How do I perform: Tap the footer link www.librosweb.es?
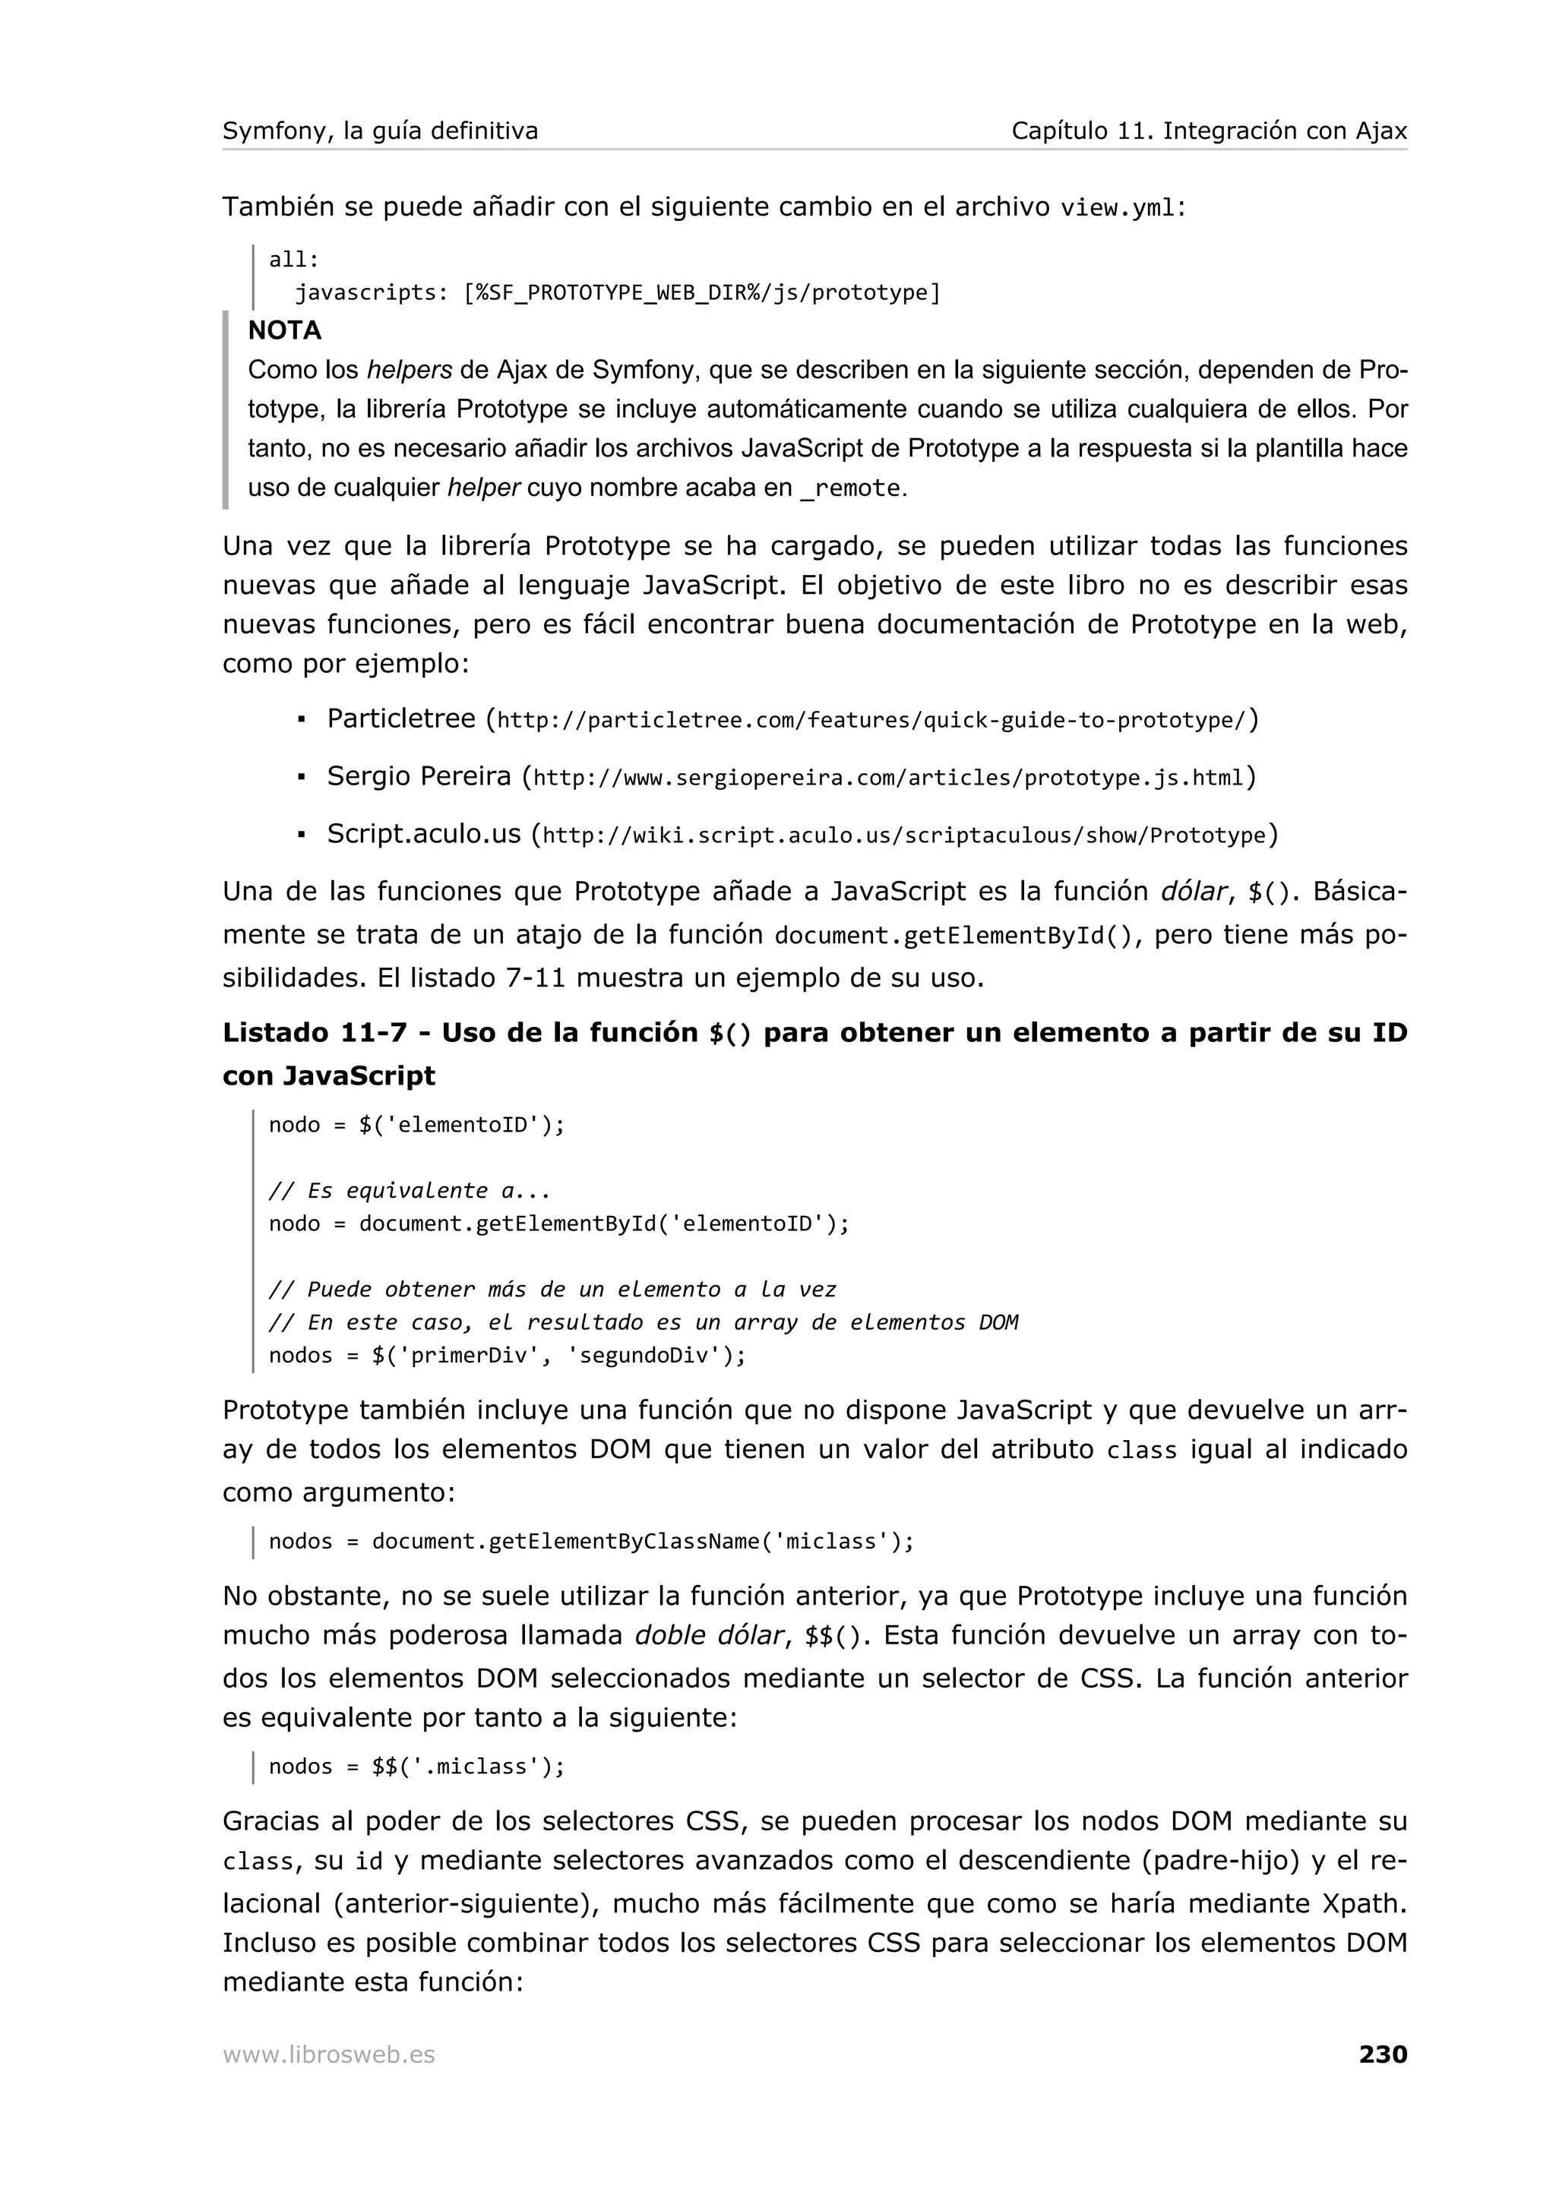pyautogui.click(x=329, y=2055)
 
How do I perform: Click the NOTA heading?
pyautogui.click(x=285, y=330)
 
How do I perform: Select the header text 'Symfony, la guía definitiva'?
pyautogui.click(x=380, y=131)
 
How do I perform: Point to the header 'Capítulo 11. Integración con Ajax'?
pyautogui.click(x=1209, y=131)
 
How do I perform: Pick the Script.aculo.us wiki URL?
pyautogui.click(x=904, y=835)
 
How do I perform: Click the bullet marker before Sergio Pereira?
pyautogui.click(x=301, y=778)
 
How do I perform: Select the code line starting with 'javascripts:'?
pyautogui.click(x=616, y=292)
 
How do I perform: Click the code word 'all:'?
pyautogui.click(x=293, y=260)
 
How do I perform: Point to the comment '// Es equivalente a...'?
pyautogui.click(x=410, y=1191)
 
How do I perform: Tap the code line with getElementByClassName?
pyautogui.click(x=592, y=1542)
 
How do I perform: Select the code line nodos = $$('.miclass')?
pyautogui.click(x=417, y=1767)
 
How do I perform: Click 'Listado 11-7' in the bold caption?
pyautogui.click(x=315, y=1034)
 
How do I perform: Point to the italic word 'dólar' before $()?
pyautogui.click(x=1193, y=892)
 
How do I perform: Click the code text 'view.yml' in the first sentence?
pyautogui.click(x=1118, y=208)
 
